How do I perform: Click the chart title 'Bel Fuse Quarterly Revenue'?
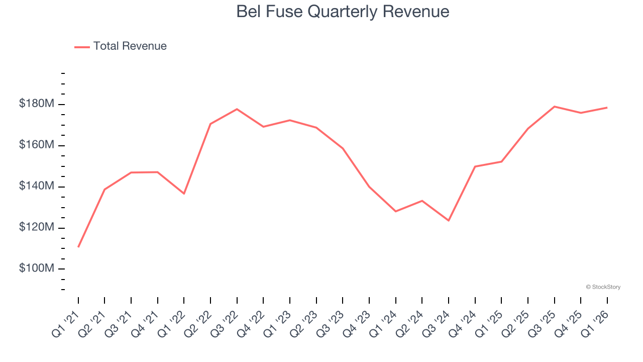(x=343, y=12)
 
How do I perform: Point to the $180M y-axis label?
(x=37, y=104)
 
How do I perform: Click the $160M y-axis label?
(x=37, y=145)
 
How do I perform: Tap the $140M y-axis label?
(x=37, y=187)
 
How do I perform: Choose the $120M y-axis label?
(x=37, y=228)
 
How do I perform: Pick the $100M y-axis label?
(x=37, y=268)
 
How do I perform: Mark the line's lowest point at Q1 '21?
(x=78, y=247)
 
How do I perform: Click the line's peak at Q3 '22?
(x=237, y=109)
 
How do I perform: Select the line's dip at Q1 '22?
(x=184, y=194)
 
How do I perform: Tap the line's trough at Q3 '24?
(x=449, y=221)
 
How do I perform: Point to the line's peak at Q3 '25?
(x=554, y=107)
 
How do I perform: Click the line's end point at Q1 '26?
(x=607, y=108)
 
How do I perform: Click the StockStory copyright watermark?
(x=603, y=287)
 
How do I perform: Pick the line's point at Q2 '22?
(x=210, y=124)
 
